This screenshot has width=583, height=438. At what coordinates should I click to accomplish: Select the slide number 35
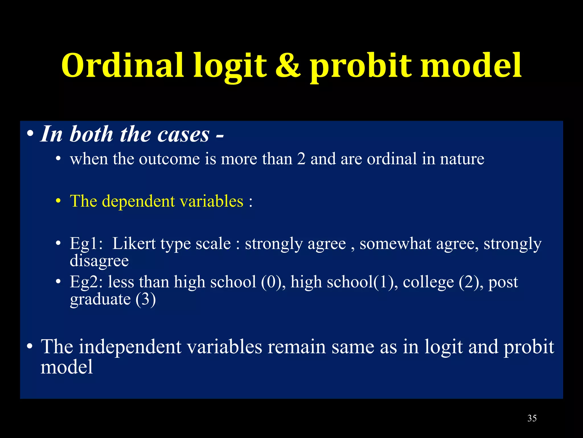(532, 418)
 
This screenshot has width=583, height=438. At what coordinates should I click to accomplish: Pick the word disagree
(99, 261)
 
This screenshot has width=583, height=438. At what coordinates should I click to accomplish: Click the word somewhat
(395, 244)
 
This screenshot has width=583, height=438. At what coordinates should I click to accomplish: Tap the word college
(428, 282)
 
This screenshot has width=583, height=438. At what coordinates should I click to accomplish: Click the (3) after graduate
(145, 299)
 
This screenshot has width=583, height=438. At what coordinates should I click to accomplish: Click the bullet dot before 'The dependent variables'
(58, 201)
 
